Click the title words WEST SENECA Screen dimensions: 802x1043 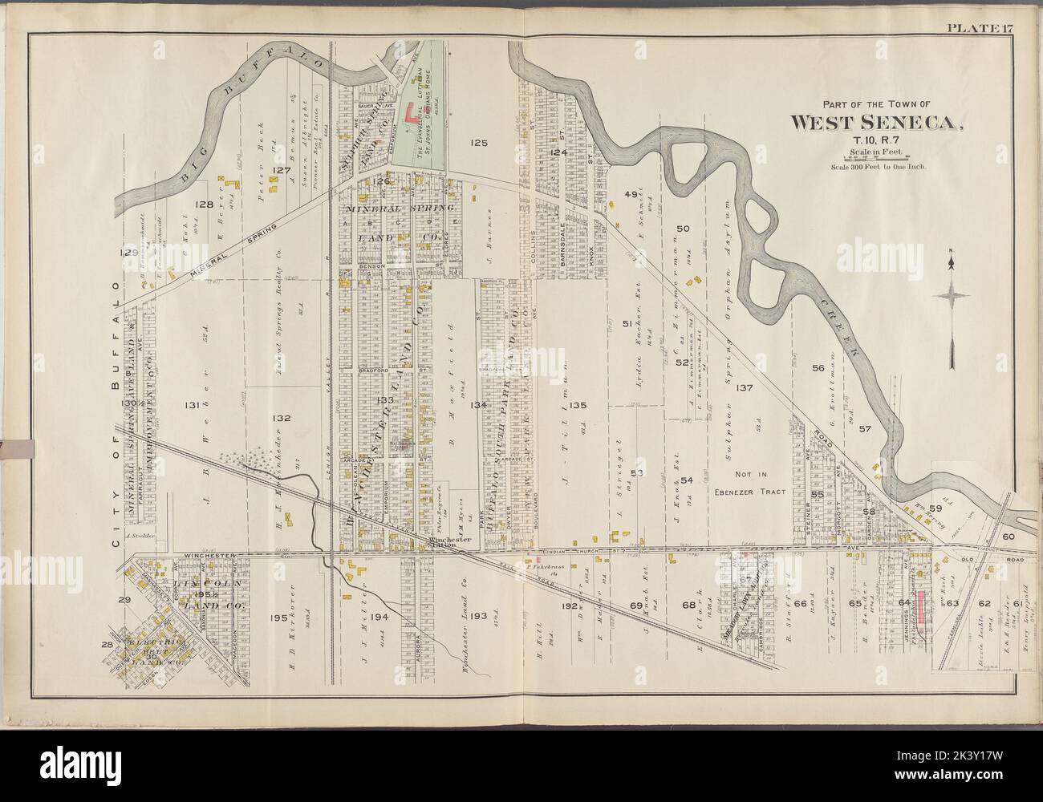click(878, 123)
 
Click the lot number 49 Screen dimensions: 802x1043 click(630, 195)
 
